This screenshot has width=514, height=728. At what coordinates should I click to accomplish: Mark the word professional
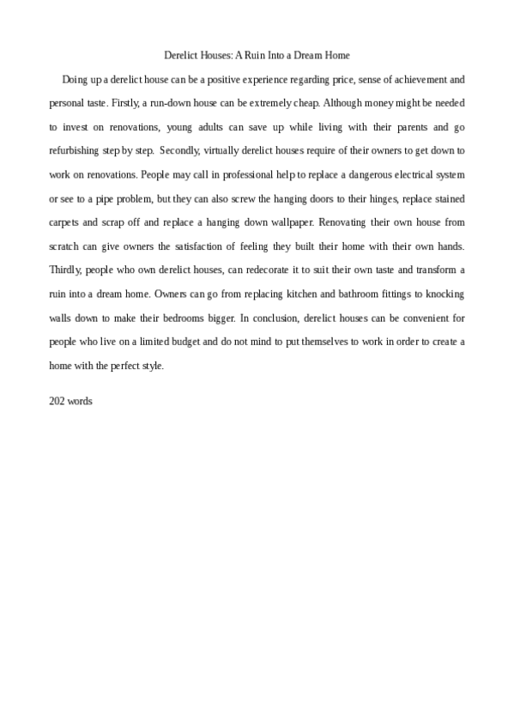(x=244, y=173)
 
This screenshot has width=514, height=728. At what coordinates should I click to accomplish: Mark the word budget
(x=185, y=342)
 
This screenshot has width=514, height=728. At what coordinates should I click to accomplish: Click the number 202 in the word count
(x=57, y=401)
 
